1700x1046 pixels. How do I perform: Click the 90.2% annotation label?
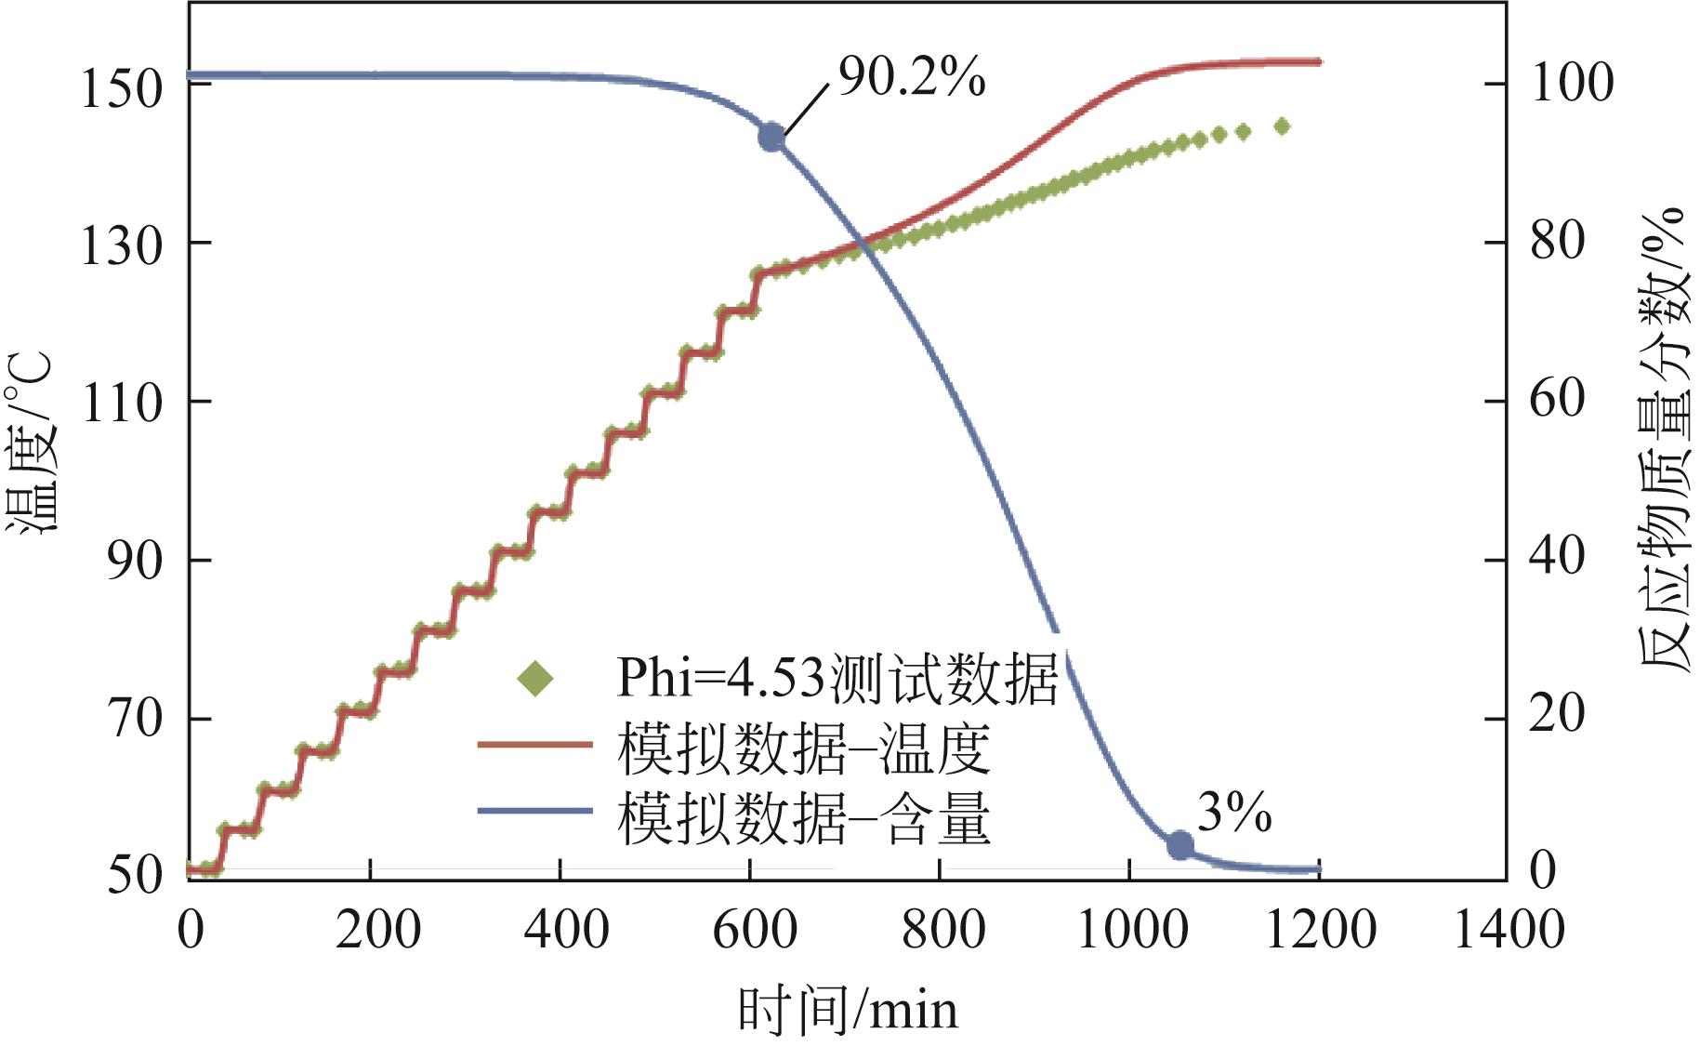[911, 77]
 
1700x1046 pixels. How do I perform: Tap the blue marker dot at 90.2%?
[771, 137]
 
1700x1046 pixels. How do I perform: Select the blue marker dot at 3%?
[1179, 845]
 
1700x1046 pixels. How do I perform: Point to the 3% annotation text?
[1233, 814]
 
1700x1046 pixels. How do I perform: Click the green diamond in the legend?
[535, 678]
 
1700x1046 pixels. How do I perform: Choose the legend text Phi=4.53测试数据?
[837, 678]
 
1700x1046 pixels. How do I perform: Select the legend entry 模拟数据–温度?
[804, 748]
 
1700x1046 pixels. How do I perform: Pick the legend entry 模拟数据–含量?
[804, 818]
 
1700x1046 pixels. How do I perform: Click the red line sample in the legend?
[535, 744]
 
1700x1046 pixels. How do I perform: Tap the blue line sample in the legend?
[535, 811]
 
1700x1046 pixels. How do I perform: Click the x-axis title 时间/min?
[847, 1011]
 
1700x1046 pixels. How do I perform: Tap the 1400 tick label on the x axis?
[1508, 930]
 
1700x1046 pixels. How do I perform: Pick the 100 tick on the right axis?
[1572, 83]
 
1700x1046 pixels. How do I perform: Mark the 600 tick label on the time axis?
[754, 930]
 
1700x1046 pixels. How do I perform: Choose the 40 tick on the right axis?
[1557, 557]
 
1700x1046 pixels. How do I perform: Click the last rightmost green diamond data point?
[1281, 126]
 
